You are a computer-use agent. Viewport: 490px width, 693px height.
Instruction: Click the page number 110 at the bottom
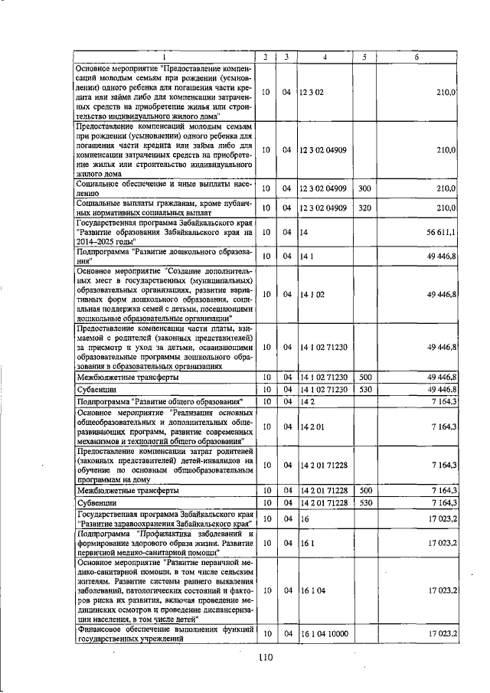click(x=266, y=656)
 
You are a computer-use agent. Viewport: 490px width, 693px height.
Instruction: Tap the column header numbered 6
click(x=417, y=57)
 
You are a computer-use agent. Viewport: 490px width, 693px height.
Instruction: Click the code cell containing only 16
click(x=304, y=518)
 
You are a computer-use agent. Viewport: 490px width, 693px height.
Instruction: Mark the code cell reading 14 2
click(x=308, y=400)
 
